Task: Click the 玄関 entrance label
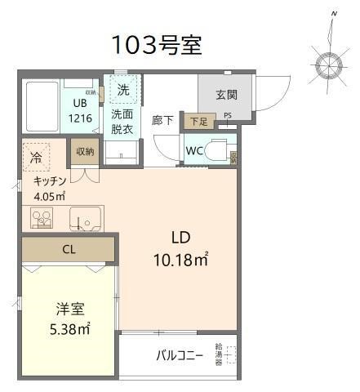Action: click(226, 95)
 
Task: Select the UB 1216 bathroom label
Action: click(80, 110)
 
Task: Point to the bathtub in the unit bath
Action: click(39, 107)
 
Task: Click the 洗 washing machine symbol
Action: click(123, 88)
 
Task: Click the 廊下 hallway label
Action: click(162, 120)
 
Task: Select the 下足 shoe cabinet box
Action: click(198, 122)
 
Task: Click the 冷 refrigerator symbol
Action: click(37, 155)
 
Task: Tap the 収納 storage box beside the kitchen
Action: click(84, 152)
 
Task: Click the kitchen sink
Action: click(84, 219)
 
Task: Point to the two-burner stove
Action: click(42, 218)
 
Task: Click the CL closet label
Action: click(69, 250)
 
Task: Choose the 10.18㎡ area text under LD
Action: click(181, 261)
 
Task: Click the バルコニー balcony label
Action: click(180, 356)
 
